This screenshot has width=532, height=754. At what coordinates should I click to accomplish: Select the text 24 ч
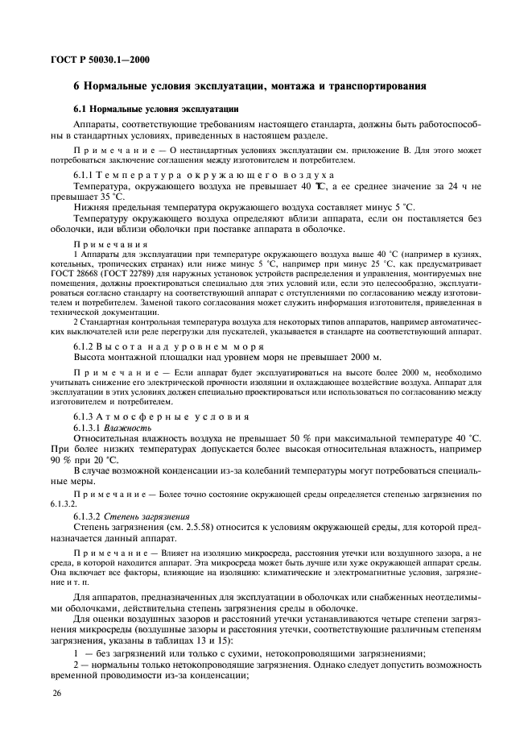point(456,185)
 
